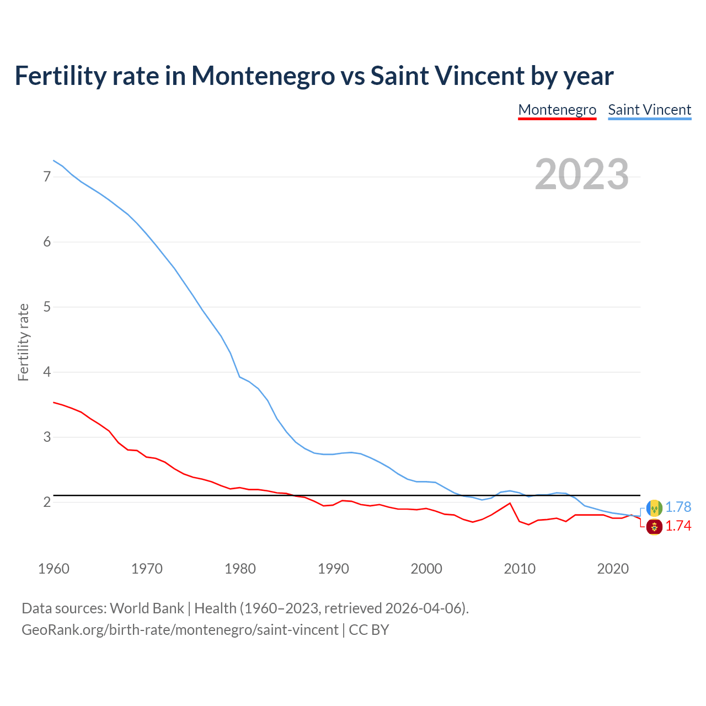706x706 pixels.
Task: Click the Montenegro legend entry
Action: [x=557, y=110]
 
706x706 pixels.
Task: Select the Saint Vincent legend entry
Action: [x=649, y=110]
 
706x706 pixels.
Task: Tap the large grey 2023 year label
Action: [x=582, y=174]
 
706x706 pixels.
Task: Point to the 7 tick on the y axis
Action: [x=47, y=177]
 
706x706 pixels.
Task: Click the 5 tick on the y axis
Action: [x=47, y=307]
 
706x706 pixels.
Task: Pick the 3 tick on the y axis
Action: [x=47, y=437]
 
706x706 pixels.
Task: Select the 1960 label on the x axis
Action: [x=54, y=569]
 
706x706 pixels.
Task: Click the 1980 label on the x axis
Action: [x=240, y=569]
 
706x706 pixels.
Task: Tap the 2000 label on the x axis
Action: [x=426, y=569]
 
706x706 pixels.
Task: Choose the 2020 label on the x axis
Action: [x=613, y=569]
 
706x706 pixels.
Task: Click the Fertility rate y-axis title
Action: [x=23, y=342]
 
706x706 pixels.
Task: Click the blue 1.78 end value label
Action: [x=678, y=507]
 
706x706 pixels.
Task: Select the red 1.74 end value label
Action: [x=678, y=526]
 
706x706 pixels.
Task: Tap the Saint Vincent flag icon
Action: [x=654, y=507]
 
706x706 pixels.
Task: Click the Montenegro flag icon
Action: [x=654, y=527]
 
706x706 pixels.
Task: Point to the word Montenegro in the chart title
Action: [x=263, y=76]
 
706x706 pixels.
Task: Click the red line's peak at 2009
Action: [x=510, y=503]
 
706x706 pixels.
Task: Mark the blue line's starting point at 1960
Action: [x=54, y=161]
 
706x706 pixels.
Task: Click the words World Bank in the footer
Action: [x=147, y=608]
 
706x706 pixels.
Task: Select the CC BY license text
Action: [x=369, y=630]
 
